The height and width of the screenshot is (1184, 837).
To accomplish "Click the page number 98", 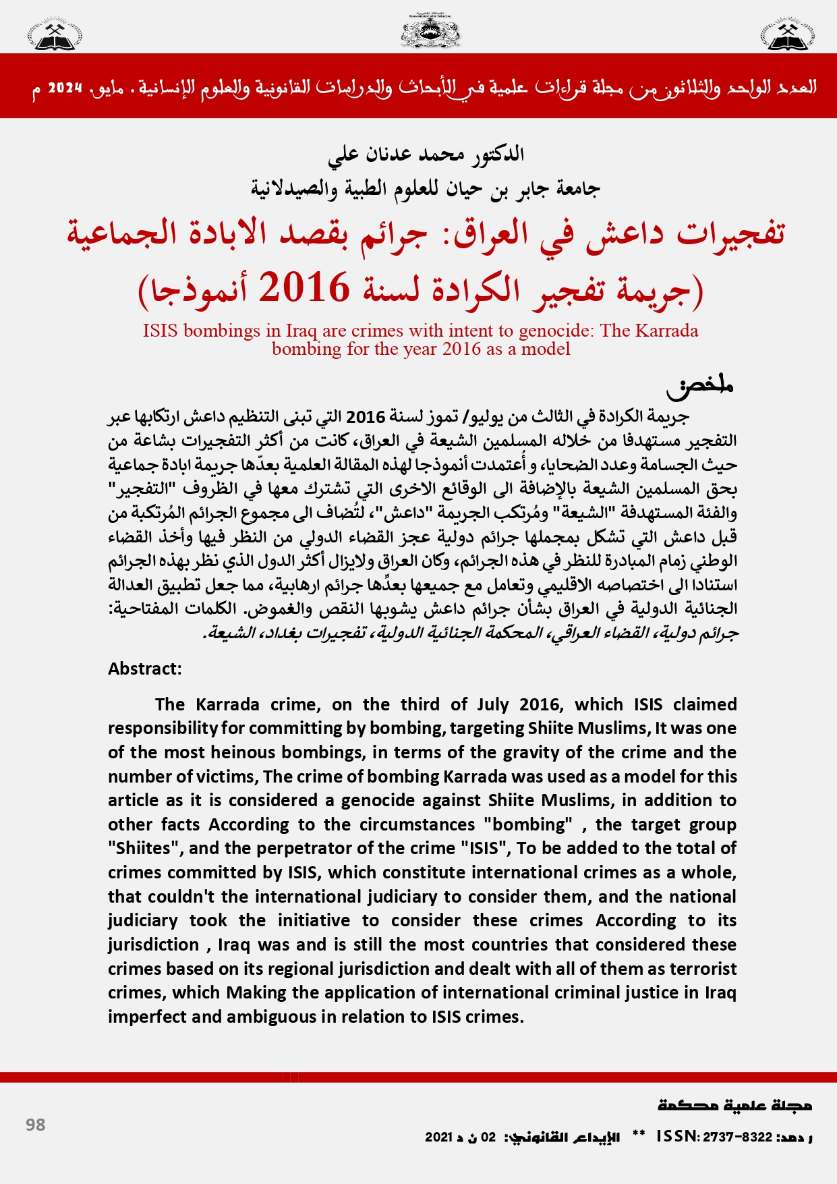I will coord(36,1125).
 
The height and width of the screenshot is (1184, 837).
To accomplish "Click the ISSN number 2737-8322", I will coord(737,1137).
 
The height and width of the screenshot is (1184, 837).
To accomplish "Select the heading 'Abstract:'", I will coord(145,669).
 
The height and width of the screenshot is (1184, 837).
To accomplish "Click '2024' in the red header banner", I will coord(65,88).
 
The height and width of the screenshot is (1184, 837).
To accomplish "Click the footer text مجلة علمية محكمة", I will coord(734,1105).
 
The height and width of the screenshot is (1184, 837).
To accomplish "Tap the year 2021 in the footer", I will coord(438,1137).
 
